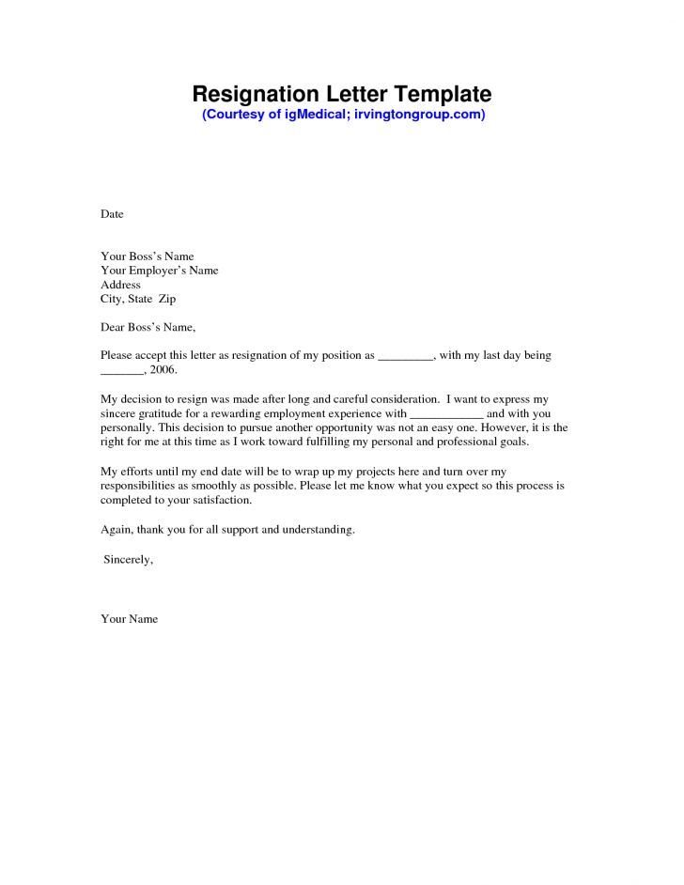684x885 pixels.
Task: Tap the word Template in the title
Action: (442, 94)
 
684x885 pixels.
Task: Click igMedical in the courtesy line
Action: (312, 115)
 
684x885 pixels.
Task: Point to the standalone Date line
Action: (112, 214)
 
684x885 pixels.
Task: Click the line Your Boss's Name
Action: (147, 256)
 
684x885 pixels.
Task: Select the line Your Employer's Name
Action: (159, 270)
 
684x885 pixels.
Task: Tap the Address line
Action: (120, 285)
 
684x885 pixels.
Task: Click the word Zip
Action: (166, 299)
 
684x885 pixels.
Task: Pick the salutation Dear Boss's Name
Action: (148, 328)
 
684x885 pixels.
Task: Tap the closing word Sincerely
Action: (128, 559)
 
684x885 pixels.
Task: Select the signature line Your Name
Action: (129, 619)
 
